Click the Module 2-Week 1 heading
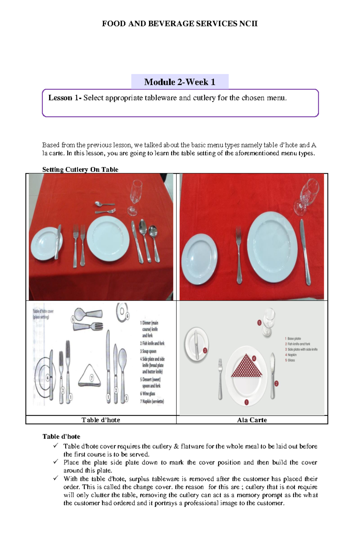pos(180,82)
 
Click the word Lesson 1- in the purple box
pos(64,98)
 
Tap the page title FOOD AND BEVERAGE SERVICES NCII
pos(180,24)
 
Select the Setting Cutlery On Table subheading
pos(80,169)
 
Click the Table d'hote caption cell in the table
pos(101,420)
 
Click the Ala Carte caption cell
pos(252,420)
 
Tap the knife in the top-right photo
pos(305,252)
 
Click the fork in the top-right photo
pos(239,255)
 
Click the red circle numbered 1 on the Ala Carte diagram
pos(246,402)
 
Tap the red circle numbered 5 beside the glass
pos(259,323)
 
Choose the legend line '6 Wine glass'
pos(148,394)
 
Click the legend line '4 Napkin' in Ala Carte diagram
pos(291,355)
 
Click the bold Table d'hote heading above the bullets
pos(61,436)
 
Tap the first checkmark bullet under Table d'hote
pos(56,446)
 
